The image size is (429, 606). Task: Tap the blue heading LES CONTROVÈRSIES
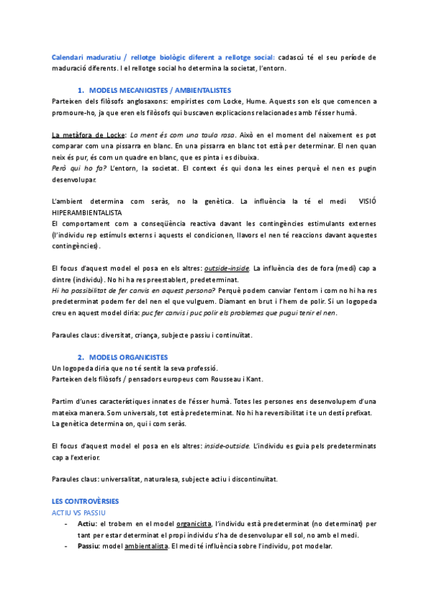(x=86, y=502)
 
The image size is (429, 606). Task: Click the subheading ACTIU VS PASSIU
(x=79, y=513)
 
